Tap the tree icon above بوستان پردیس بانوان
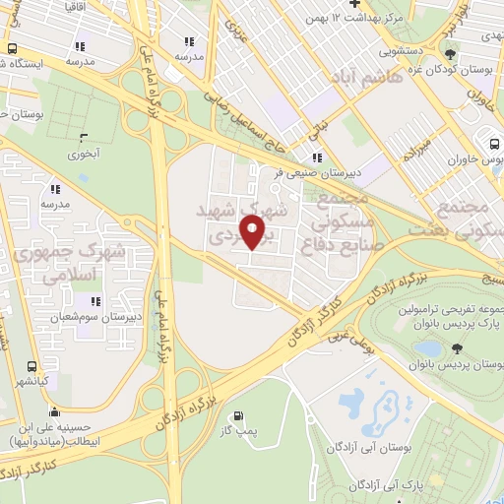click(456, 347)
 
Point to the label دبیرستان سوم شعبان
click(100, 316)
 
